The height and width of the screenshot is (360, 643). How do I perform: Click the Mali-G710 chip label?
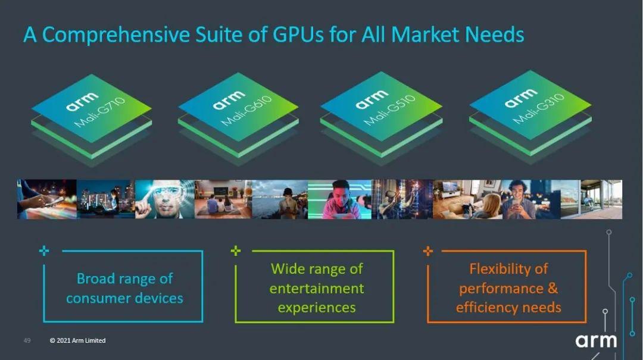click(99, 112)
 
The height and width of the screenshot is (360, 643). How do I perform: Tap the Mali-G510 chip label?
click(389, 110)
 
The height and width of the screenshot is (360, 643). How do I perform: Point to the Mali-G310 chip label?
click(539, 109)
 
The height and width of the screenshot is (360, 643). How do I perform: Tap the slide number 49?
click(27, 340)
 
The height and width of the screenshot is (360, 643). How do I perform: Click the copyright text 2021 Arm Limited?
click(77, 340)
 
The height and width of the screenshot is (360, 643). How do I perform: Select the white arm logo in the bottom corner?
click(596, 341)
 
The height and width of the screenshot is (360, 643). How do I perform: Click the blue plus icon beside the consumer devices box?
click(44, 251)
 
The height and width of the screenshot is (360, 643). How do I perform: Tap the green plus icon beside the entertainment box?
click(235, 251)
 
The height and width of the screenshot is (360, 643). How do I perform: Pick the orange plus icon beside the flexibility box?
click(427, 251)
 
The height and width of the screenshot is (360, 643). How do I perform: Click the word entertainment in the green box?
click(317, 288)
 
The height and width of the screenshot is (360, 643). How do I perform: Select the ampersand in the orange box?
click(553, 288)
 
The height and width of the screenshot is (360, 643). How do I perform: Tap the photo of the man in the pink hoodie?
click(339, 199)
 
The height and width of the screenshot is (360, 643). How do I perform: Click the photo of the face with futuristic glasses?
click(165, 199)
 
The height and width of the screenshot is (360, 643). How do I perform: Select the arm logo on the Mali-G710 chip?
click(82, 101)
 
